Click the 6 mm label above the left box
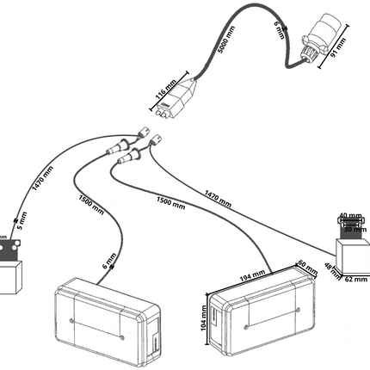coord(106,259)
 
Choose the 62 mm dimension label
coord(352,279)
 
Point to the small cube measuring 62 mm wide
coord(350,255)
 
